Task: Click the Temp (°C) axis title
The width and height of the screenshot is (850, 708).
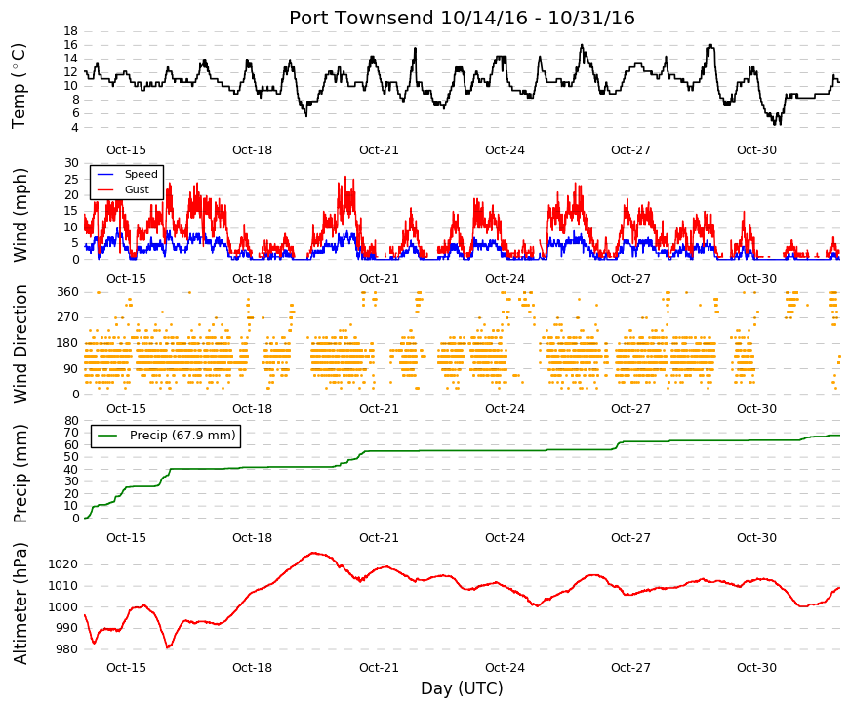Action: (19, 86)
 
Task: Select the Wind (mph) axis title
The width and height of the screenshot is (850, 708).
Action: (20, 215)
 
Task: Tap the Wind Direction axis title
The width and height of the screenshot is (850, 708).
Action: (20, 345)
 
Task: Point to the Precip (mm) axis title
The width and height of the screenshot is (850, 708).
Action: (20, 474)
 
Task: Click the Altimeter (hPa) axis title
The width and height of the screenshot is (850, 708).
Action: (20, 604)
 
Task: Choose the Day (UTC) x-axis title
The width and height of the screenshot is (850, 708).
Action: (462, 688)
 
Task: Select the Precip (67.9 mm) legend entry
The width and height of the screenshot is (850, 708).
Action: (166, 436)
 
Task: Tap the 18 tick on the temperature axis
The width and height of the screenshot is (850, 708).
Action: (71, 31)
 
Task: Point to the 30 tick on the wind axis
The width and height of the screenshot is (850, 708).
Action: (72, 163)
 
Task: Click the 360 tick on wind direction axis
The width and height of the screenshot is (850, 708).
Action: (68, 292)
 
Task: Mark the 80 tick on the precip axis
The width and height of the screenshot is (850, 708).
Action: (72, 421)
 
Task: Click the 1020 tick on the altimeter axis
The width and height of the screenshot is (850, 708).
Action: (62, 564)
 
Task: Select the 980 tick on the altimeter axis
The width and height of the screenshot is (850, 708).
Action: (66, 649)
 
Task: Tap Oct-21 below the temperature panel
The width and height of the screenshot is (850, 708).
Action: (379, 150)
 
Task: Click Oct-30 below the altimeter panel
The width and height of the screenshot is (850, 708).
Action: (756, 668)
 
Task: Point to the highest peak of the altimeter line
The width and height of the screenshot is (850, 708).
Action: (314, 553)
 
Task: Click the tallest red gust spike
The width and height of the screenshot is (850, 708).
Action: (345, 177)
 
